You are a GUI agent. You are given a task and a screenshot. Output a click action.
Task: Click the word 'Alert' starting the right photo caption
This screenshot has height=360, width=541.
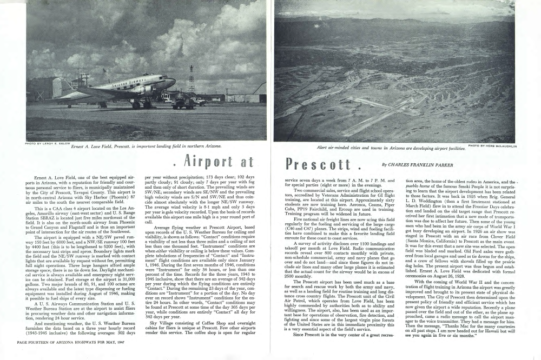point(324,147)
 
